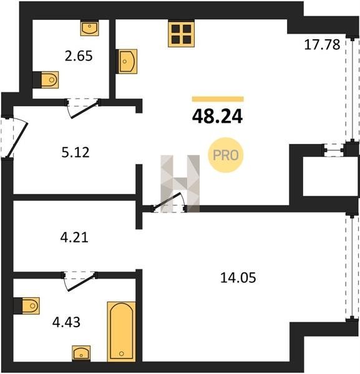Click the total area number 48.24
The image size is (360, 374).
(x=217, y=117)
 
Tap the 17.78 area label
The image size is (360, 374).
(x=322, y=45)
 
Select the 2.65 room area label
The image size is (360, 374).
(x=79, y=56)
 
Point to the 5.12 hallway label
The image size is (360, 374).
(x=75, y=153)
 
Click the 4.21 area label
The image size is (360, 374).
(x=74, y=237)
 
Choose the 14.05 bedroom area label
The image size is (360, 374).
(x=238, y=278)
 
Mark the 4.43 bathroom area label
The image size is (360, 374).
(x=66, y=322)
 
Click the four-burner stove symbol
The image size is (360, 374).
(x=181, y=34)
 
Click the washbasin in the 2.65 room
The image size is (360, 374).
(x=89, y=28)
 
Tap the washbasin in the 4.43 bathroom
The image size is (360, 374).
(x=81, y=353)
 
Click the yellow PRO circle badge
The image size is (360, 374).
(x=226, y=155)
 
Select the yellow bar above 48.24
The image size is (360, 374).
(x=218, y=99)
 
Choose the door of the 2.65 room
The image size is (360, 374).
(x=82, y=108)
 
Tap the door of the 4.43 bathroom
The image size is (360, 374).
(x=79, y=281)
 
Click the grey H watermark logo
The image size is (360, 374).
(x=180, y=184)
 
